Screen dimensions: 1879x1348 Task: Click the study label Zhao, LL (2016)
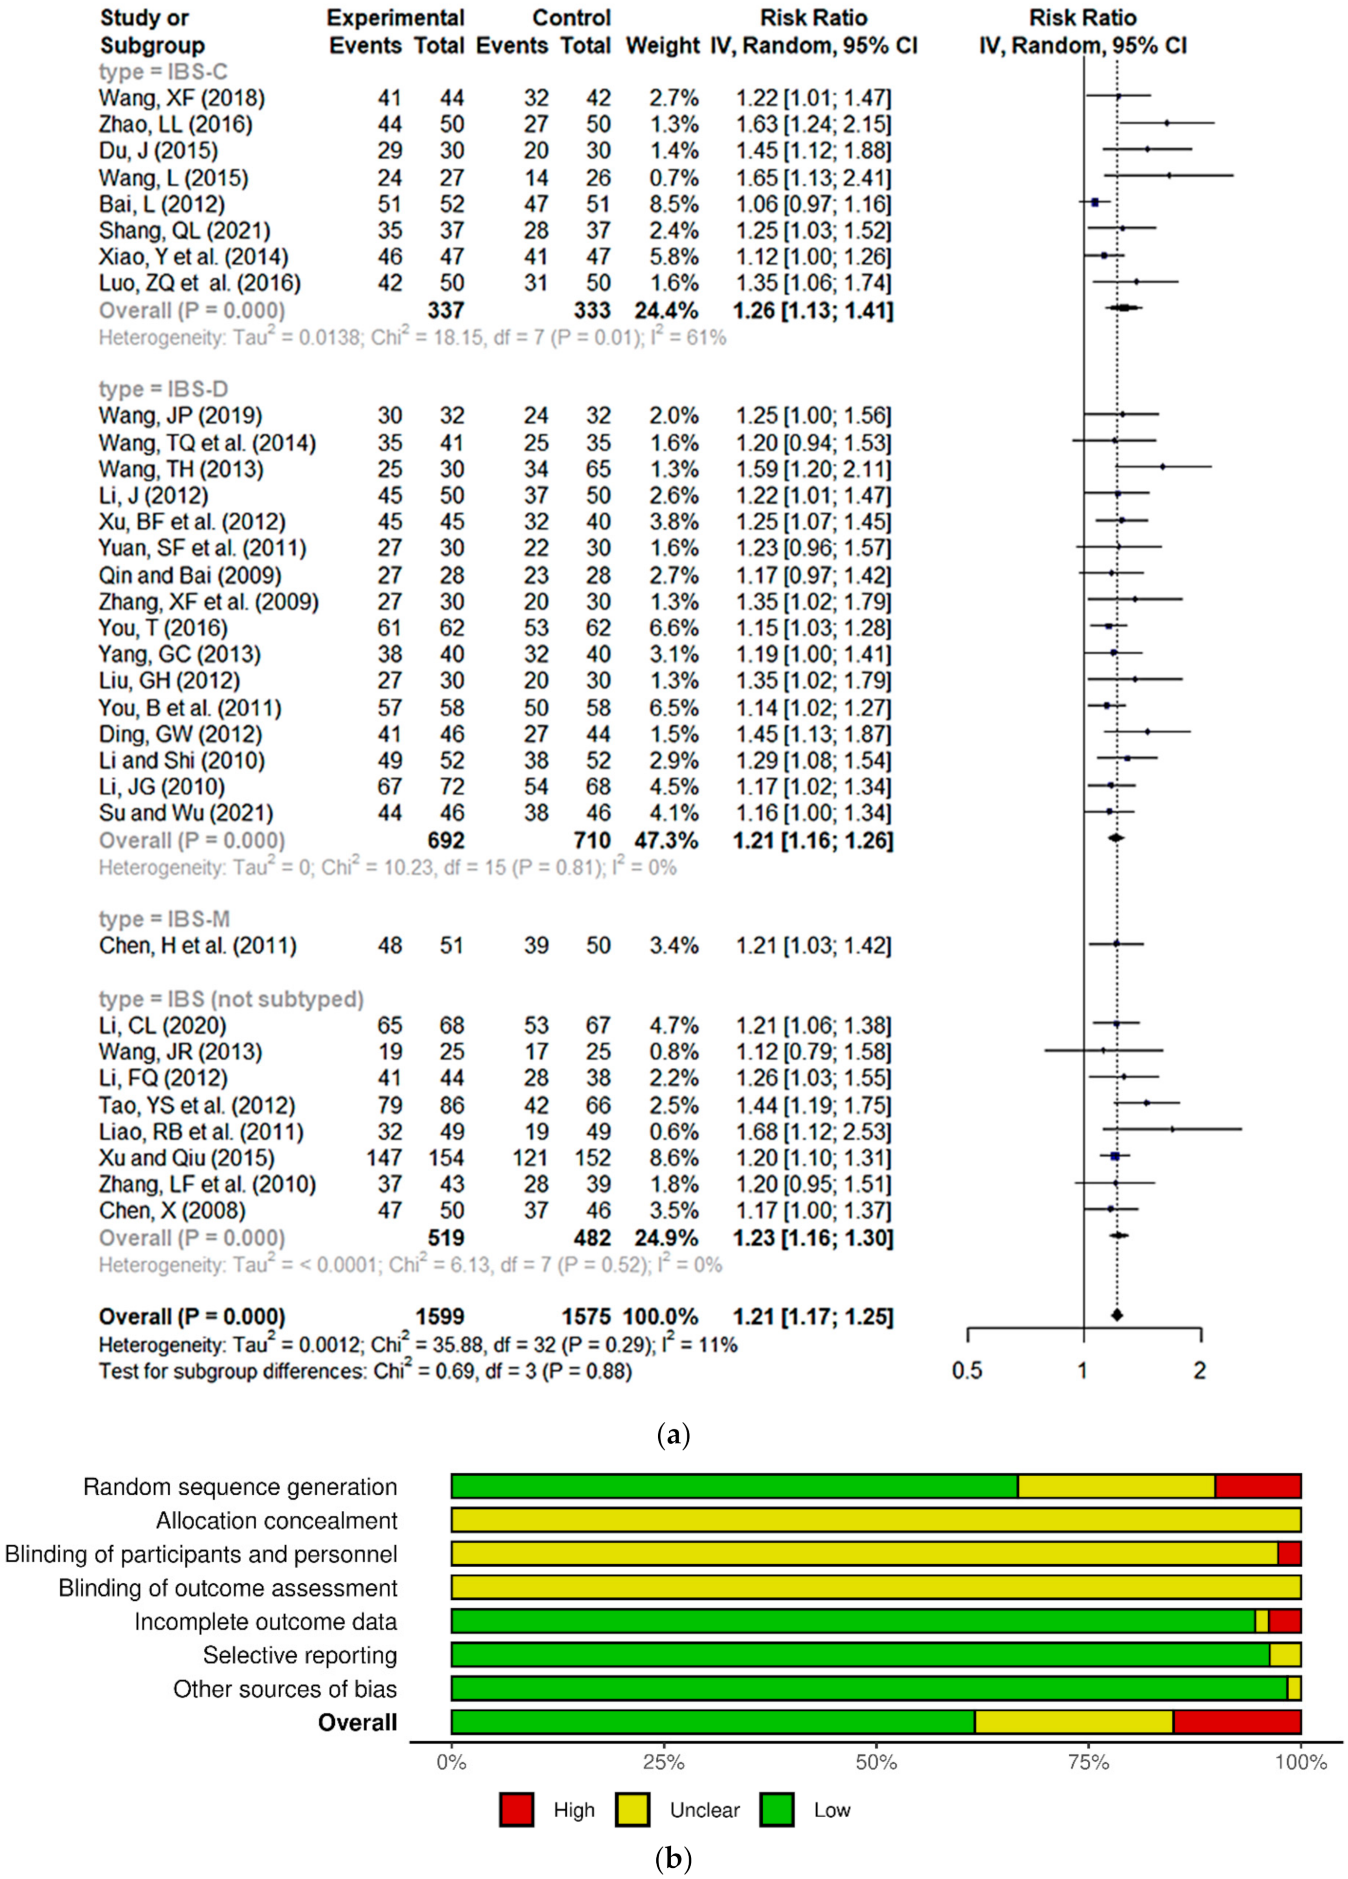coord(176,124)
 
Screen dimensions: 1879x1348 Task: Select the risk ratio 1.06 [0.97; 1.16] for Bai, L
coord(813,204)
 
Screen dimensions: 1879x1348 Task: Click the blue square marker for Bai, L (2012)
coord(1095,202)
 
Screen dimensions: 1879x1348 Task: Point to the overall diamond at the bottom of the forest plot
coord(1117,1315)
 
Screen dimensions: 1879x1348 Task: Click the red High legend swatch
coord(516,1809)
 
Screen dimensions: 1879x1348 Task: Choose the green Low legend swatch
coord(776,1809)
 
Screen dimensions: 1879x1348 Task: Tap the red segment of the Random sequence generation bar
coord(1258,1486)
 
